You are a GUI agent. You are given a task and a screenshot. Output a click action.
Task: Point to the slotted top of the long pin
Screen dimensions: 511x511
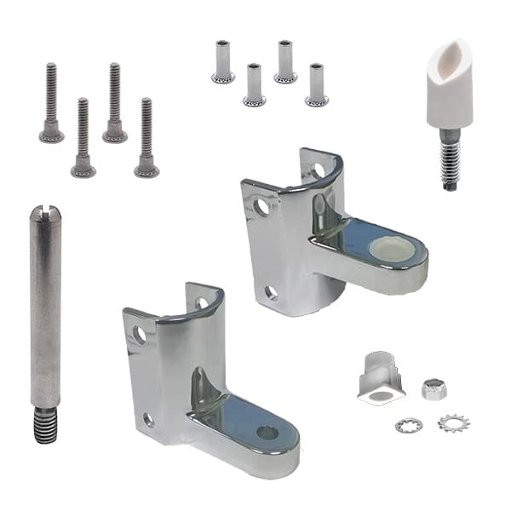[44, 212]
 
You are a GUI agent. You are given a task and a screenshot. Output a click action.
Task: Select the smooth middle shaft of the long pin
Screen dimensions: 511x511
[45, 315]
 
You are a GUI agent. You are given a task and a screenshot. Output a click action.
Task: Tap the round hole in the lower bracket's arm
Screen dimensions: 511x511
[267, 432]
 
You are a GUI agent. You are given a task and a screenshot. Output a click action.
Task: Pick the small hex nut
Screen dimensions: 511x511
[435, 390]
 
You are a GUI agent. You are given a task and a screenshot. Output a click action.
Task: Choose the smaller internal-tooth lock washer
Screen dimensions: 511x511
[406, 423]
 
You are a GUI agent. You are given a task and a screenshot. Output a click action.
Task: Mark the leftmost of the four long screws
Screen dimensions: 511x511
[51, 102]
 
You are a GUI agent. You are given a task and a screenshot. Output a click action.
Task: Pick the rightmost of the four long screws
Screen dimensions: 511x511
[146, 136]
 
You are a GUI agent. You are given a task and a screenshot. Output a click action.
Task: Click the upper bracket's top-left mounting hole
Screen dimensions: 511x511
[261, 206]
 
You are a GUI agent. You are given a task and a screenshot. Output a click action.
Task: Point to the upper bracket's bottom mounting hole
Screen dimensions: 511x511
[271, 293]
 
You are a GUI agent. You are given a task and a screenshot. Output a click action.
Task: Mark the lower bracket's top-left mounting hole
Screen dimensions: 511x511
[139, 335]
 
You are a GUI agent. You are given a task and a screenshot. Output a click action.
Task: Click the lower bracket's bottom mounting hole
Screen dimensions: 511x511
[149, 419]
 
